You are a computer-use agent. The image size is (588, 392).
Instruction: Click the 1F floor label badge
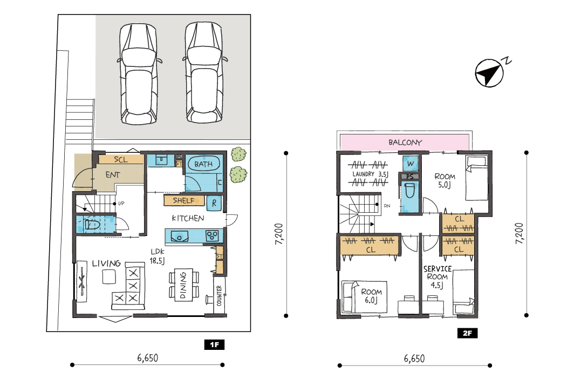[x=214, y=344]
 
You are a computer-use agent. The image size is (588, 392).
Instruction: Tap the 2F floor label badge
[x=467, y=333]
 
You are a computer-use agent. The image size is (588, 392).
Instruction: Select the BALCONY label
[x=405, y=143]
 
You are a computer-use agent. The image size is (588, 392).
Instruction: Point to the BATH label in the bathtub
[x=203, y=164]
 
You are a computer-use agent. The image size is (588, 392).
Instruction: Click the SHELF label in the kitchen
[x=184, y=200]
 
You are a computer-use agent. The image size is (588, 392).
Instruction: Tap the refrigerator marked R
[x=214, y=203]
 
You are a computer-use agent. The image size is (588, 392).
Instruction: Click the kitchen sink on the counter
[x=180, y=236]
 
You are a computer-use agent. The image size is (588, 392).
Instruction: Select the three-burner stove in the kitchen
[x=212, y=236]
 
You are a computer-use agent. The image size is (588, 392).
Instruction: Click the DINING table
[x=184, y=285]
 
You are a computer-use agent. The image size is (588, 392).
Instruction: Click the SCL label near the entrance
[x=121, y=160]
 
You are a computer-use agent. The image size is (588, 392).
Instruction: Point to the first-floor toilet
[x=92, y=225]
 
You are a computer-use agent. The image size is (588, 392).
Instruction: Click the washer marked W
[x=410, y=163]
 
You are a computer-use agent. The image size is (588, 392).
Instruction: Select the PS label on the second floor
[x=409, y=177]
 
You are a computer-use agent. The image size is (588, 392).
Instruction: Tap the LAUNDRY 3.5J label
[x=370, y=174]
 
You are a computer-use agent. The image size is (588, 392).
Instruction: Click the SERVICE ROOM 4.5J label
[x=437, y=277]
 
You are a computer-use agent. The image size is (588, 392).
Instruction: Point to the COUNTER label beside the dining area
[x=220, y=295]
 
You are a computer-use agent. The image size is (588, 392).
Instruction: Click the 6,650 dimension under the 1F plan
[x=147, y=358]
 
